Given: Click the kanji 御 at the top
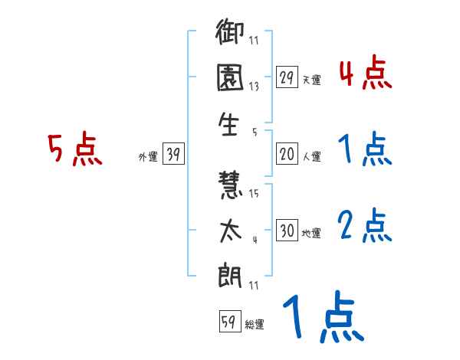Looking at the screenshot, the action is [x=231, y=34].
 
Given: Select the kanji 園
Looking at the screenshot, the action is [x=231, y=79].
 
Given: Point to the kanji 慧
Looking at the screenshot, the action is [x=231, y=186].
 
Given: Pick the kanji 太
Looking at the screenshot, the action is [x=231, y=231].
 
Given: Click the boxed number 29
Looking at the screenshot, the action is [x=286, y=78].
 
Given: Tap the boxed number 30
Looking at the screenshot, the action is [x=286, y=231].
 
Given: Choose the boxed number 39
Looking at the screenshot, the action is [x=173, y=155].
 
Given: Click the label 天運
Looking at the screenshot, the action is [x=311, y=80].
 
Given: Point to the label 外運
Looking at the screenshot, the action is [x=147, y=156].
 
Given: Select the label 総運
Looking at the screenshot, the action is [x=255, y=324].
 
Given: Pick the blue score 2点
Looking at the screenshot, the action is [x=365, y=225].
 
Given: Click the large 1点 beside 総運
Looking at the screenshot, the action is [x=322, y=319].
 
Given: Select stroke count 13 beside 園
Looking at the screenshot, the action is [x=254, y=87].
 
